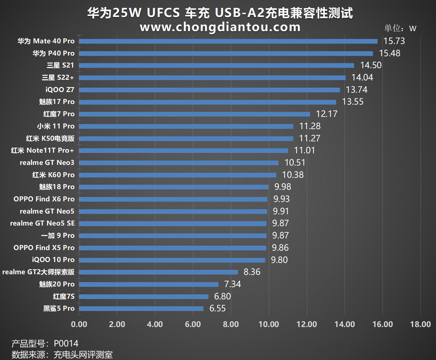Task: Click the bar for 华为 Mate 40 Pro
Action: (228, 41)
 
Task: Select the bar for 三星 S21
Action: (217, 65)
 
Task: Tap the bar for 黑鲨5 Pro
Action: (141, 308)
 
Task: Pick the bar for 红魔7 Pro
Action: (195, 114)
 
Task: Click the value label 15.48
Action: (390, 53)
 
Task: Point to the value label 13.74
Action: (357, 90)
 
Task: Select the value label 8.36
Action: (252, 272)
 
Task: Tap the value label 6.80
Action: (222, 296)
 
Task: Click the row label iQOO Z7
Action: (60, 90)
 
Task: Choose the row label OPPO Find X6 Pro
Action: (44, 199)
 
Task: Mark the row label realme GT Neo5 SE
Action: (42, 223)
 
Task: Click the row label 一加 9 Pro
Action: (58, 235)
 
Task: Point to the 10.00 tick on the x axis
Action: (269, 324)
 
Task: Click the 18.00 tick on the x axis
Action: (420, 324)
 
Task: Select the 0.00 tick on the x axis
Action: (79, 324)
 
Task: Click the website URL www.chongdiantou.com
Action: (220, 27)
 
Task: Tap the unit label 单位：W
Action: (400, 28)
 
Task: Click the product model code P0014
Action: (66, 343)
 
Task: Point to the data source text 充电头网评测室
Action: (83, 355)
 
